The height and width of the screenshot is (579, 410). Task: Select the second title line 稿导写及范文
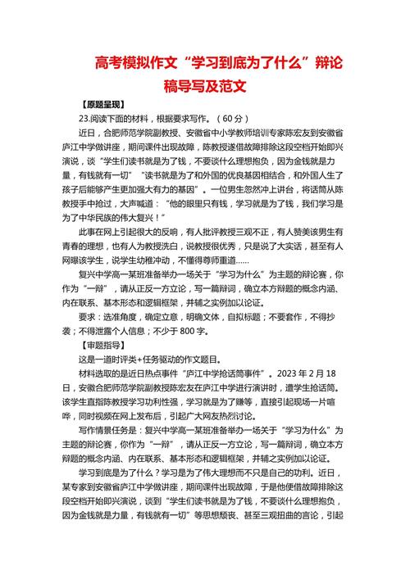(205, 84)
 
